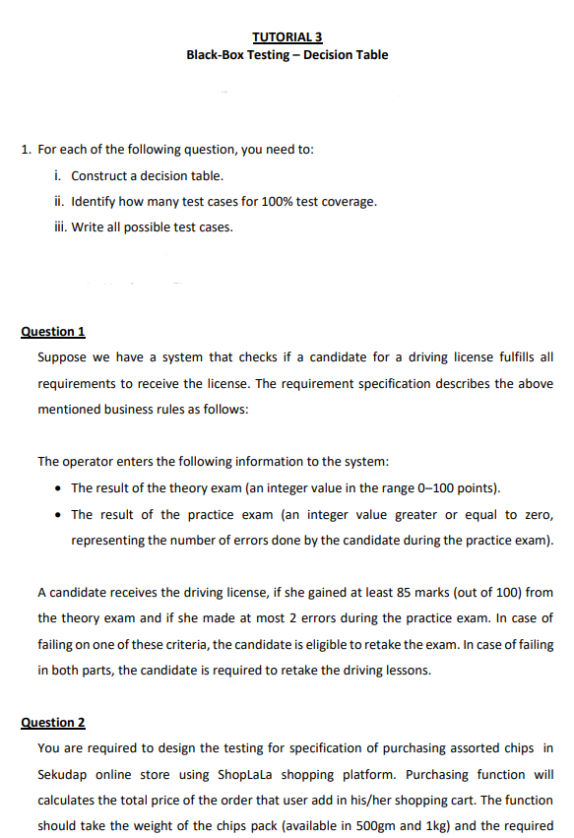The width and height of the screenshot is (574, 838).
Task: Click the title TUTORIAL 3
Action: point(287,37)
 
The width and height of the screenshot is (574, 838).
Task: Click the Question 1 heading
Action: point(53,332)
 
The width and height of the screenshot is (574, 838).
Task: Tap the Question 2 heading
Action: point(53,723)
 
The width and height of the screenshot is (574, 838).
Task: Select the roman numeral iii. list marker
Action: point(58,227)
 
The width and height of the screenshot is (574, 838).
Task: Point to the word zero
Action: point(536,515)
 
